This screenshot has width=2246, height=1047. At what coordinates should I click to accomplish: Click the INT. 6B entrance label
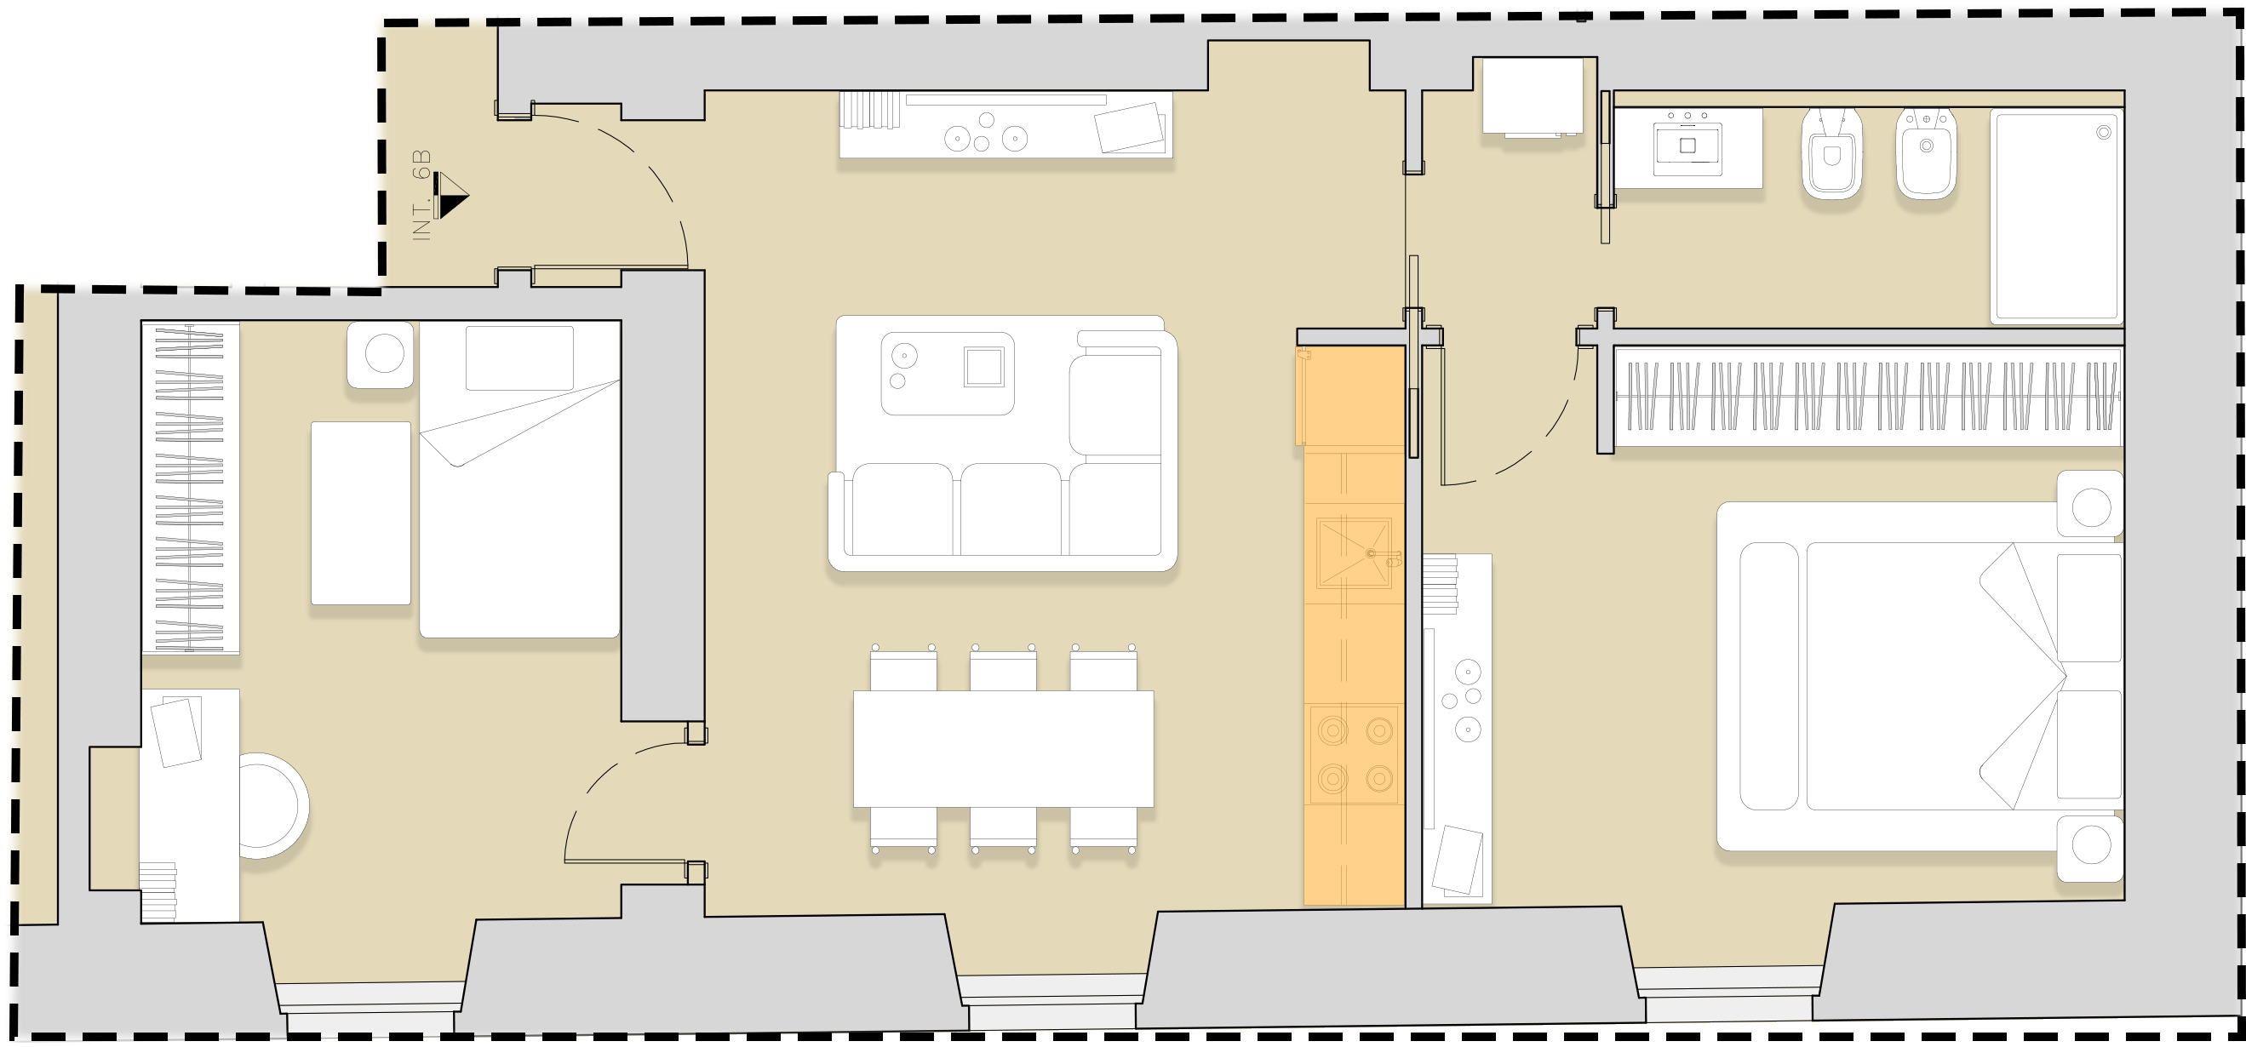coord(422,195)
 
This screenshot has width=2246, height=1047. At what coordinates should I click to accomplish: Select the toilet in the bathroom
coord(1832,154)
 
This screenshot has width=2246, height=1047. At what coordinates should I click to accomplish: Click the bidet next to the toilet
coord(1926,154)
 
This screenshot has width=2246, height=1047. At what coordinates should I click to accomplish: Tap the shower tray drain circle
coord(2104,132)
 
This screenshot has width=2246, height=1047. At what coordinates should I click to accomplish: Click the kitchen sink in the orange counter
coord(1354,553)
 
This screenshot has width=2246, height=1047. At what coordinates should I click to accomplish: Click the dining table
coord(1004,749)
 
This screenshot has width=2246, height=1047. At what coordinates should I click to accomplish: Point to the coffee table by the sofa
coord(948,373)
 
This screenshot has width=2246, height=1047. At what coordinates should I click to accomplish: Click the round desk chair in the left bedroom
coord(273,805)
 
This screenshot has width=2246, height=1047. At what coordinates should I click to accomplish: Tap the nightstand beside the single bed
coord(380,354)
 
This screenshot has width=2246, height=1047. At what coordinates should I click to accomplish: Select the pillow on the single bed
coord(519,358)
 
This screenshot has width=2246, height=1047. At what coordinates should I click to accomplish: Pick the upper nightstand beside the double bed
coord(2090,504)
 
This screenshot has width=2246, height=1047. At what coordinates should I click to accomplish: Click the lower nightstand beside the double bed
coord(2090,850)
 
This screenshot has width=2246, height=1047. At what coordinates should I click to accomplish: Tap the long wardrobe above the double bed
coord(1868,397)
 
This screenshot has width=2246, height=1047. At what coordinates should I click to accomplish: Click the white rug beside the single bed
coord(361,512)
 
